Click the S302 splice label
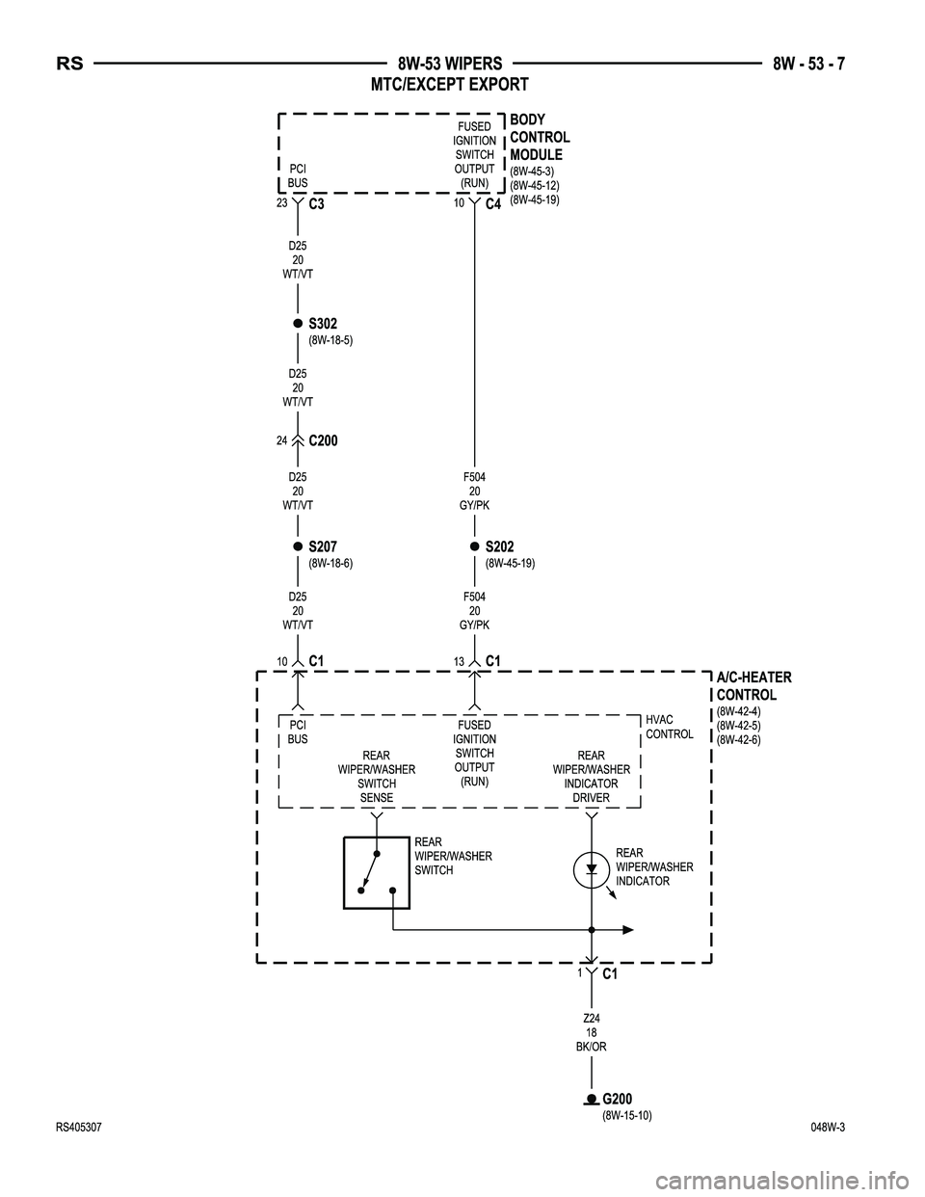pos(323,323)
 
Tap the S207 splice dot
pos(298,546)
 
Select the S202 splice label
pos(499,546)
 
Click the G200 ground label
pos(618,1099)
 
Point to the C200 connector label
pos(324,440)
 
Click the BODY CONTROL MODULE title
pos(540,137)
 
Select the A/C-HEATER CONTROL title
pos(753,686)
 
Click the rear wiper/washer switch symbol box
pos(377,873)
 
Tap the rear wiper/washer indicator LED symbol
pos(592,870)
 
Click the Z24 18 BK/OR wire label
pos(594,1032)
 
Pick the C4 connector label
pos(493,205)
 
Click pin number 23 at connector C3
pos(282,203)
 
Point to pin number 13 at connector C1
pos(459,661)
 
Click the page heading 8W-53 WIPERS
pos(450,65)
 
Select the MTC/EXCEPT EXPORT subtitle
pos(450,85)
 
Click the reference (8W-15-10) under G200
pos(627,1115)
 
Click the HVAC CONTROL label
pos(669,727)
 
